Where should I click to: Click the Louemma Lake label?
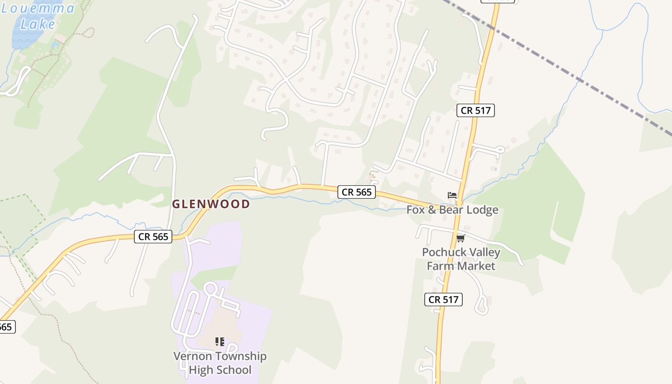pyautogui.click(x=38, y=15)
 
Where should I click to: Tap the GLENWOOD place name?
pyautogui.click(x=211, y=204)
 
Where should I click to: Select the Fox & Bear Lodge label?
pyautogui.click(x=452, y=210)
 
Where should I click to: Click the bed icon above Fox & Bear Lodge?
pyautogui.click(x=452, y=195)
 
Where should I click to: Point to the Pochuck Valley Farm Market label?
pyautogui.click(x=461, y=259)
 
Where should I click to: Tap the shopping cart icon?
pyautogui.click(x=461, y=238)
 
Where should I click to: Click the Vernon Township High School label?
pyautogui.click(x=220, y=363)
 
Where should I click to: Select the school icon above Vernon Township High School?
pyautogui.click(x=220, y=342)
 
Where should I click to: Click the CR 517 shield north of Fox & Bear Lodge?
pyautogui.click(x=476, y=110)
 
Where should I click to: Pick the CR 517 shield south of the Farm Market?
pyautogui.click(x=444, y=300)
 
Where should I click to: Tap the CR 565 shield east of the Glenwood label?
pyautogui.click(x=357, y=192)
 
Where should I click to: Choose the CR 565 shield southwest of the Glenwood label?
pyautogui.click(x=153, y=236)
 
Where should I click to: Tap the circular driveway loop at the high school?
pyautogui.click(x=210, y=289)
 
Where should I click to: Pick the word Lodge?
pyautogui.click(x=482, y=210)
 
